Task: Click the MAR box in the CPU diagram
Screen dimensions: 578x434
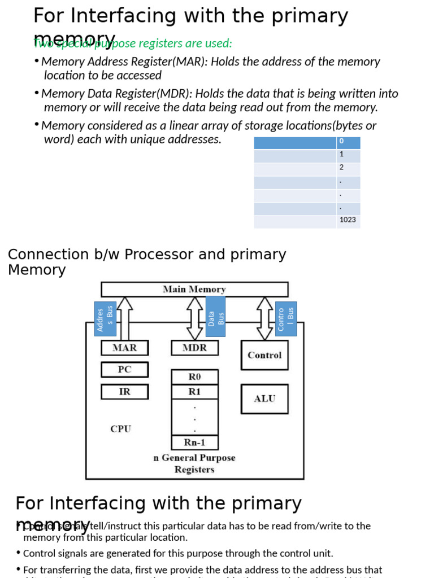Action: click(124, 348)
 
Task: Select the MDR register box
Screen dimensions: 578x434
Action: click(194, 348)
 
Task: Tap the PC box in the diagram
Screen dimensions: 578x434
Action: click(124, 370)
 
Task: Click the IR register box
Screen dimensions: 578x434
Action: click(124, 392)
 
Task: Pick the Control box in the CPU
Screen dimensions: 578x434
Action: click(264, 355)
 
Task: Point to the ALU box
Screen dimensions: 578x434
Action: click(264, 399)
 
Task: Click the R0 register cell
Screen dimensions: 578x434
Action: click(194, 377)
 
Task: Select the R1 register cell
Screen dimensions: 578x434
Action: click(194, 392)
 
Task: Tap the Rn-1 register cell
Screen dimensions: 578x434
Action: click(194, 443)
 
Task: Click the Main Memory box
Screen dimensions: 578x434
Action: click(194, 290)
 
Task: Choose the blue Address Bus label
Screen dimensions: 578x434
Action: click(105, 319)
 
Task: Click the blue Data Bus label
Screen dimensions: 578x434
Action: click(215, 317)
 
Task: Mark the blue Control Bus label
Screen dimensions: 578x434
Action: click(286, 319)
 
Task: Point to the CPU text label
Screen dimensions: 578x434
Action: click(121, 429)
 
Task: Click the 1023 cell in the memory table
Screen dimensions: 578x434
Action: click(348, 220)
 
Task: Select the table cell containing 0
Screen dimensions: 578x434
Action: click(348, 142)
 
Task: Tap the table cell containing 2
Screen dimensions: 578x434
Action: click(348, 168)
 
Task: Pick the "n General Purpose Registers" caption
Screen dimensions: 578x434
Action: click(194, 463)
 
